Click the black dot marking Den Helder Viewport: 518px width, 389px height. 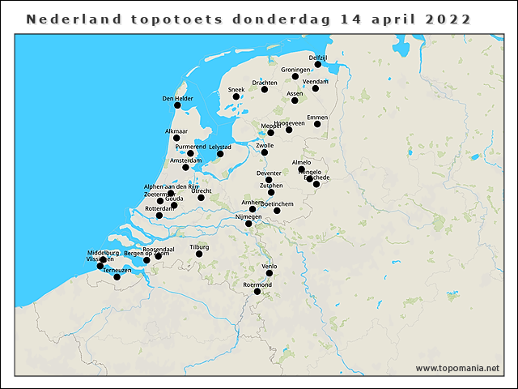coord(177,105)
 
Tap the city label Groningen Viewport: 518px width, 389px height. coord(296,70)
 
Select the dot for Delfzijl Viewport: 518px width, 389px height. coord(318,64)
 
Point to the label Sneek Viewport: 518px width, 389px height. coord(236,89)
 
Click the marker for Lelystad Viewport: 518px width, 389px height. coord(220,154)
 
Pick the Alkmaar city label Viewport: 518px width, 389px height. coord(176,130)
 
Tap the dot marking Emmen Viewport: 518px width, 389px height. coord(318,124)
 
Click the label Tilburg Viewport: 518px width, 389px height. coord(199,246)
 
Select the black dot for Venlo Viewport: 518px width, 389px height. coord(270,273)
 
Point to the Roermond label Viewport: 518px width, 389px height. coord(257,284)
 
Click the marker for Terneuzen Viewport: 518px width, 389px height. coord(117,277)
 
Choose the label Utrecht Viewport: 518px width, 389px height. coord(202,190)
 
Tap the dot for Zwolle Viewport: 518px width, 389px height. coord(265,152)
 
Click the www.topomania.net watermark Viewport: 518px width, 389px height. coord(457,368)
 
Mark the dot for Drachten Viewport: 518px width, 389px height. coord(265,89)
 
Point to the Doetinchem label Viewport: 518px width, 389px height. coord(277,203)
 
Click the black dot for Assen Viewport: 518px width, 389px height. coord(295,100)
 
